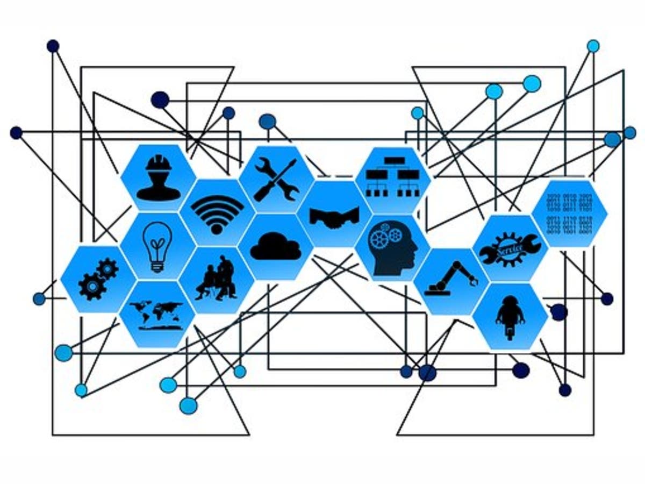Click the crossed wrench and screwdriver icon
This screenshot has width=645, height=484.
point(276,180)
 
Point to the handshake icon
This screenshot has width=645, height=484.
point(334,216)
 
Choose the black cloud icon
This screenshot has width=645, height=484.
point(275,247)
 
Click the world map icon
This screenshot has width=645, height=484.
point(156,314)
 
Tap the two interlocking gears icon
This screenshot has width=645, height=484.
point(98,279)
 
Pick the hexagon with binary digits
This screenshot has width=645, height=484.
point(569,212)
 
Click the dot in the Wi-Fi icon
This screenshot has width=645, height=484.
point(217,228)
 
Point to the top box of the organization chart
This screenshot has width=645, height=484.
point(394,160)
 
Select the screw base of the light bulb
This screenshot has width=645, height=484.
point(157,266)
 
